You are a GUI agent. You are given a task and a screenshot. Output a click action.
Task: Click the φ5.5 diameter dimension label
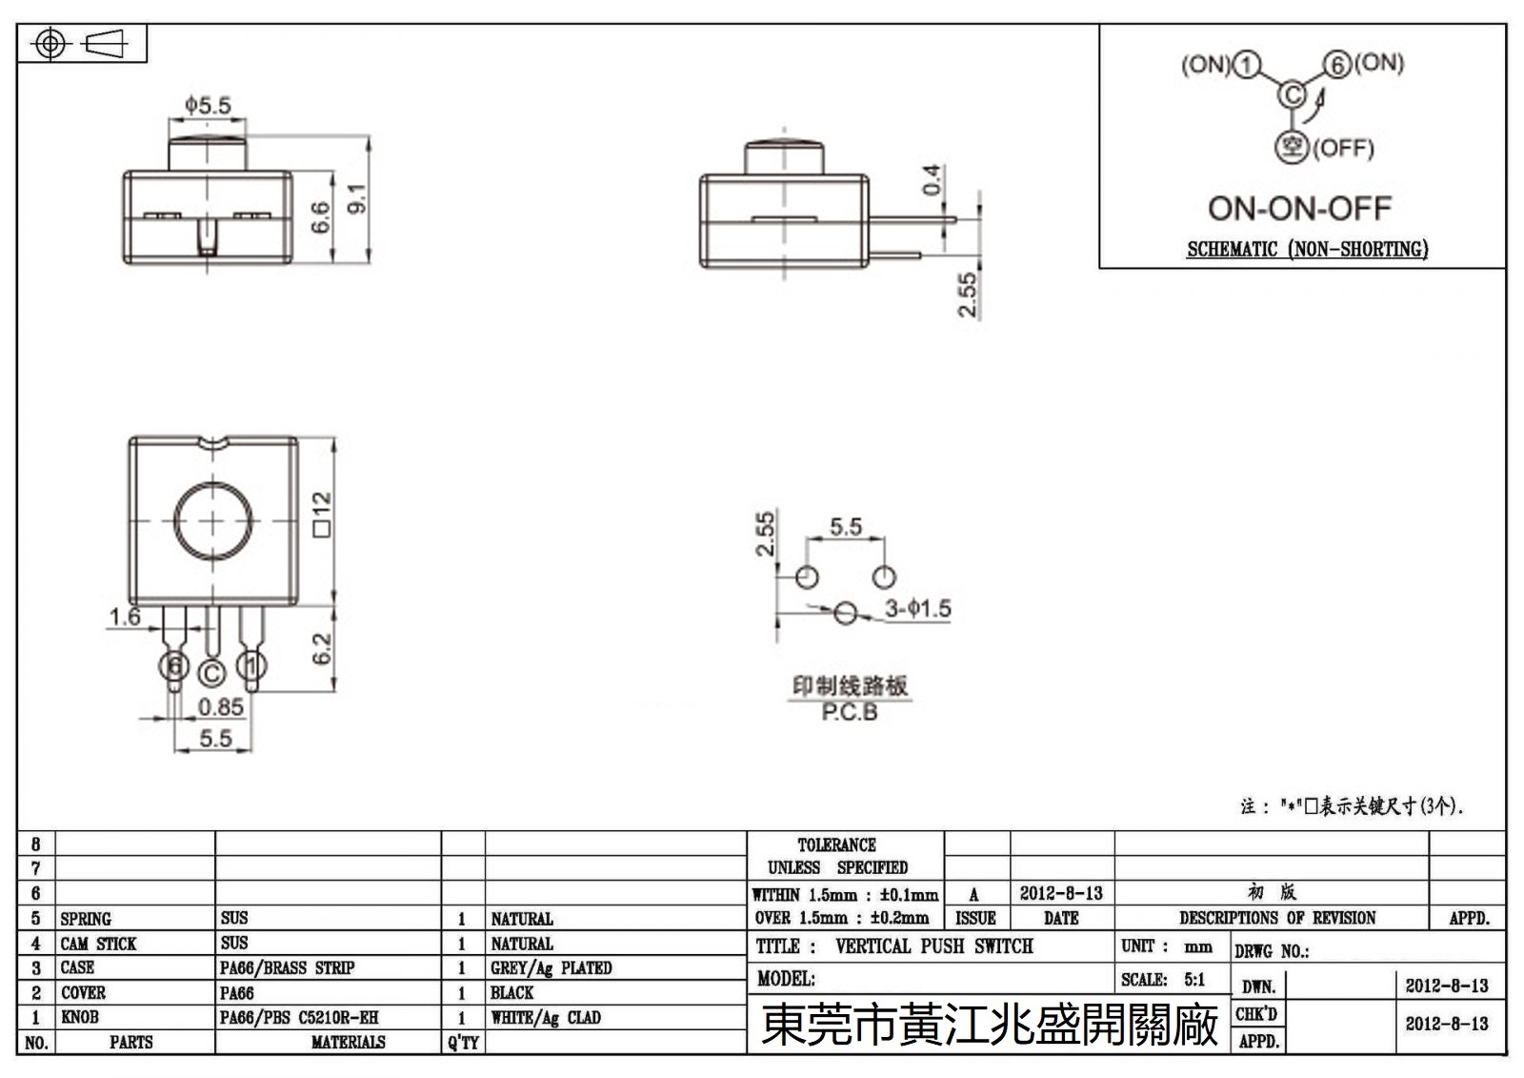pos(208,104)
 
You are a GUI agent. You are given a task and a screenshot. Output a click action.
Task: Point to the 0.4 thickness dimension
pos(932,179)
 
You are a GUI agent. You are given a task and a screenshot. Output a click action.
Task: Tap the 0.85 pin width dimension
pos(220,707)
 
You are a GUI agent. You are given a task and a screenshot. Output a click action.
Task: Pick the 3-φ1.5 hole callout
pos(917,608)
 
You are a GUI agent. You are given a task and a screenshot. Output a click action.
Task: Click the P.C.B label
pos(849,712)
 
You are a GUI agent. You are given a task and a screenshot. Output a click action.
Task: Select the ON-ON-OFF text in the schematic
pos(1299,208)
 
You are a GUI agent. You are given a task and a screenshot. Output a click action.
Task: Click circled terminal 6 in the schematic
pos(1338,65)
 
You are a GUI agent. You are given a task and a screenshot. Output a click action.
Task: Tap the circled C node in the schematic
pos(1292,95)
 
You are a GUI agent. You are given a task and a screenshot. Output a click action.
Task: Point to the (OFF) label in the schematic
pos(1343,148)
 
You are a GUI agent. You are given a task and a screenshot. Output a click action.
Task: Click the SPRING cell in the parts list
pos(86,919)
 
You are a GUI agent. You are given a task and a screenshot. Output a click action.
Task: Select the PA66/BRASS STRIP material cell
pos(287,967)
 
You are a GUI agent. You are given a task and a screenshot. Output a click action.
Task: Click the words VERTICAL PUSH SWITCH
pos(933,946)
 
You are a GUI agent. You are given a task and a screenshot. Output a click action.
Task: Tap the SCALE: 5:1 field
pos(1163,979)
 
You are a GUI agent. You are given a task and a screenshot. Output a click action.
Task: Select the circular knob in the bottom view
pos(212,521)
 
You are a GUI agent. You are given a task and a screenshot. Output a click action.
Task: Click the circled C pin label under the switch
pos(211,674)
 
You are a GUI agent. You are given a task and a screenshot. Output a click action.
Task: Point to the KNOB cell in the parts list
pos(80,1017)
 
